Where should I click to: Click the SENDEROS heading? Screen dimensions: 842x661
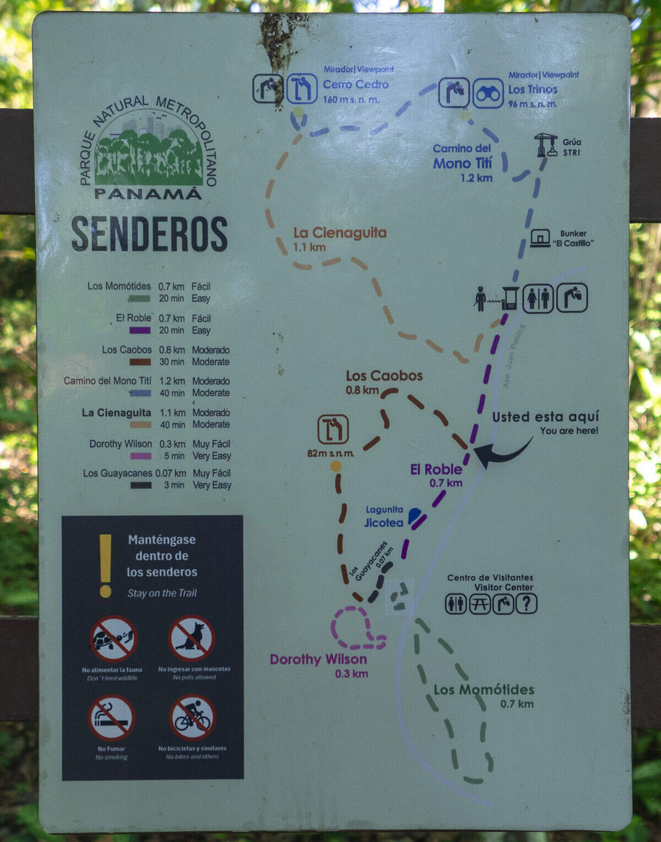(x=149, y=234)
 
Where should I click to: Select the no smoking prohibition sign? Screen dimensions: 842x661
(x=112, y=717)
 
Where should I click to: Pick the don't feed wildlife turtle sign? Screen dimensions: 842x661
(x=113, y=639)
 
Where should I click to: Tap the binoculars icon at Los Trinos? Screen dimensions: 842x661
(x=488, y=94)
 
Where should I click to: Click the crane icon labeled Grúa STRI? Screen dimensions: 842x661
(x=546, y=145)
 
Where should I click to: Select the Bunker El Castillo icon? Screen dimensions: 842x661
(x=540, y=238)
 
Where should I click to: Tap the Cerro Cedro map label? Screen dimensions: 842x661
(x=355, y=84)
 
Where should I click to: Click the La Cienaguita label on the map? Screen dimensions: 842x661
(x=339, y=233)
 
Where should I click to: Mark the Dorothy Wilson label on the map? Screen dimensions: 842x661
(x=318, y=660)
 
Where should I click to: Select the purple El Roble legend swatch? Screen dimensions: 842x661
(x=140, y=331)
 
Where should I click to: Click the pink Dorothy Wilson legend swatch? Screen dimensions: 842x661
(x=140, y=456)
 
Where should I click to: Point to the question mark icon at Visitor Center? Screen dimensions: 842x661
(x=526, y=604)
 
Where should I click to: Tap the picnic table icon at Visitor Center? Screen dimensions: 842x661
(x=479, y=604)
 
